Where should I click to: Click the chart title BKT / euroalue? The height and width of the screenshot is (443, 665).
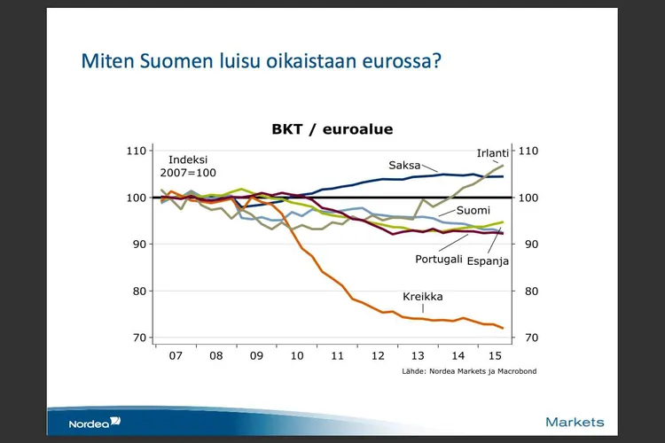[x=332, y=129]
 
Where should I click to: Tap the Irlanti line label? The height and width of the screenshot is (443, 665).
[x=493, y=153]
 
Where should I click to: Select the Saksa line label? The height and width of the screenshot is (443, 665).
[x=403, y=165]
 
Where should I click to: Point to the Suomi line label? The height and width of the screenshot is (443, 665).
[x=474, y=211]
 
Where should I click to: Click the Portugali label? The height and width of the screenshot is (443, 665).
[x=439, y=260]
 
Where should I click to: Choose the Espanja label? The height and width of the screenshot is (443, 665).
[x=488, y=262]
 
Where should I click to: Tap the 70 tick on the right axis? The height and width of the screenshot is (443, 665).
[x=530, y=338]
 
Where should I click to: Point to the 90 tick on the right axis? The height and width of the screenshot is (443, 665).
[x=530, y=244]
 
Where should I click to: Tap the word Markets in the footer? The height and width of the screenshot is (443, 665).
[x=575, y=422]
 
